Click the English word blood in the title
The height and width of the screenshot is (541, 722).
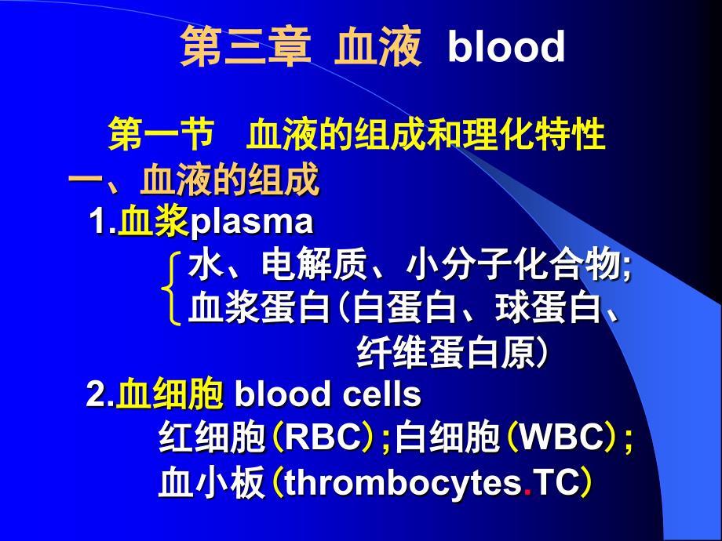[x=506, y=46]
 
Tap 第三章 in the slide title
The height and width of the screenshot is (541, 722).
[x=246, y=46]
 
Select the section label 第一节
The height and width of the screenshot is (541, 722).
[x=161, y=134]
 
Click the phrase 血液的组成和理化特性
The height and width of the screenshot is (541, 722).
[x=426, y=134]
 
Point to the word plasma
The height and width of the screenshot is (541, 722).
[x=251, y=223]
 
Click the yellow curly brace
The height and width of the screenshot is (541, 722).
[x=171, y=288]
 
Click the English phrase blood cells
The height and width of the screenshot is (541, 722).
[x=328, y=394]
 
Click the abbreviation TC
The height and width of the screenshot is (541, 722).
[x=556, y=482]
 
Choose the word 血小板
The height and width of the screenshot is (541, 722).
[x=211, y=482]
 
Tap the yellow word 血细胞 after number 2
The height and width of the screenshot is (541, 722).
[x=170, y=394]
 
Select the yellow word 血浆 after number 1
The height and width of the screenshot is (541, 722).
[x=153, y=221]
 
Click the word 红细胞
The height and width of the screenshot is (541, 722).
[x=211, y=436]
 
